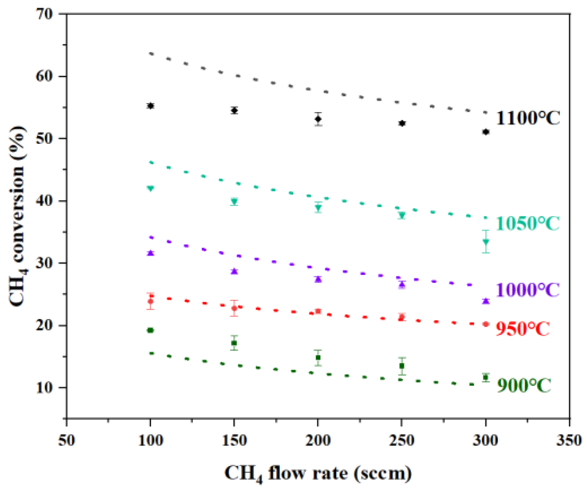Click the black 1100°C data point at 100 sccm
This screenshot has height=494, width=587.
[151, 106]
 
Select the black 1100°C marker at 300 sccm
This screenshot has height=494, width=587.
[486, 132]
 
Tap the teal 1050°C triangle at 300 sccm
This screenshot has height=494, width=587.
[486, 241]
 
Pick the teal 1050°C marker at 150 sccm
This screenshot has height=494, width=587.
[234, 201]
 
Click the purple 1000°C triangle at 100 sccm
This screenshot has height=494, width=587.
[151, 253]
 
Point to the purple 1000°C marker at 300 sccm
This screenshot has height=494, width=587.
[486, 301]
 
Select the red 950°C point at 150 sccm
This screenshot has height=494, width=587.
[234, 308]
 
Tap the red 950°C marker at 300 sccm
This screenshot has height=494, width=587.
[486, 324]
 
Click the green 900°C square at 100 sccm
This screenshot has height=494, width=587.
[151, 330]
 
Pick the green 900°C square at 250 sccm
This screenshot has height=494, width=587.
[402, 366]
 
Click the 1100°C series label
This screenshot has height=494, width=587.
[528, 118]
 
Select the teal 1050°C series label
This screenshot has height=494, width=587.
[528, 223]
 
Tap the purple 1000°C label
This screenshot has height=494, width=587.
[528, 290]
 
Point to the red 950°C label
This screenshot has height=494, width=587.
[523, 329]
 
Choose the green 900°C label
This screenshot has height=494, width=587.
[524, 385]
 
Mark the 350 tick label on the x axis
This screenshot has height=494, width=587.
[569, 440]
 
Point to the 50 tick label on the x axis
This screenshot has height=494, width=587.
[67, 440]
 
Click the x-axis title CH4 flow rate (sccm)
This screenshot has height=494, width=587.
[318, 474]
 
